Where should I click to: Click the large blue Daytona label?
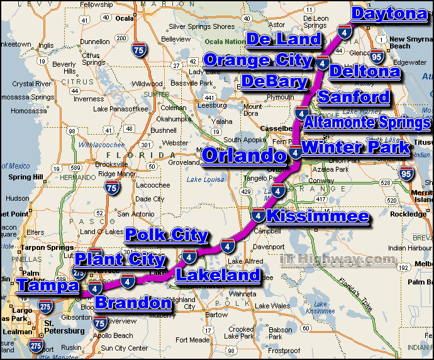387,14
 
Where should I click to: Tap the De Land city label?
284,40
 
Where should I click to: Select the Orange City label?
258,60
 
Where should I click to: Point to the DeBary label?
274,81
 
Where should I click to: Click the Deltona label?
365,71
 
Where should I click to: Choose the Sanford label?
353,97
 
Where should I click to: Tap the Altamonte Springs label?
368,122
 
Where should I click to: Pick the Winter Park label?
355,148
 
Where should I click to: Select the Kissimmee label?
318,217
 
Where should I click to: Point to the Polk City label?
167,235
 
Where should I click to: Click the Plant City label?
120,259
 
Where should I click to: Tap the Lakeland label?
218,274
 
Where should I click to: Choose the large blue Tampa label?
48,285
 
